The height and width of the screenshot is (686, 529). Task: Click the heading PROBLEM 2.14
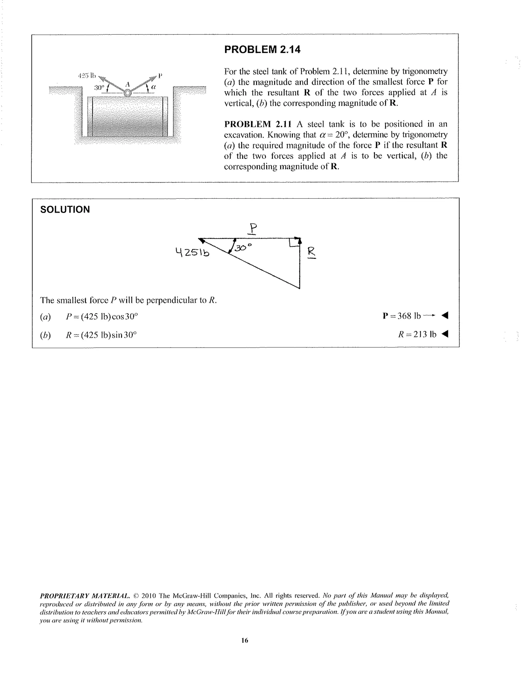click(262, 49)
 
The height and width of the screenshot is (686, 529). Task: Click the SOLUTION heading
click(65, 210)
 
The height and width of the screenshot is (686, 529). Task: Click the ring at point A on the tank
click(127, 93)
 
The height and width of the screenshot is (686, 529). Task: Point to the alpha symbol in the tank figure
click(153, 87)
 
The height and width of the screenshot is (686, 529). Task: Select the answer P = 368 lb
click(409, 316)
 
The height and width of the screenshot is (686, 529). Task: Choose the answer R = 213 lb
click(417, 334)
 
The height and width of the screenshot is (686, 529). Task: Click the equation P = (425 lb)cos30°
click(102, 316)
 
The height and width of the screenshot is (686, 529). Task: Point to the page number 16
click(245, 640)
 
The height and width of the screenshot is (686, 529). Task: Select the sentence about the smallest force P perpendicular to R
click(128, 300)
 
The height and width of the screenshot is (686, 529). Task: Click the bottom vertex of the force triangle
click(299, 288)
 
